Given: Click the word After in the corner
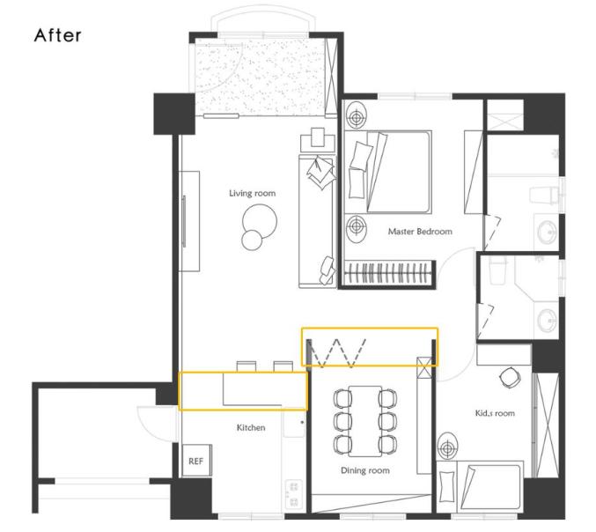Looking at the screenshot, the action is coord(58,35).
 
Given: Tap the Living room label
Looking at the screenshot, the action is coord(253,193).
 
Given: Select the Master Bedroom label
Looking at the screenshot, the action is coord(420,231).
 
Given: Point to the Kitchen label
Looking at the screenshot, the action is coord(251,427).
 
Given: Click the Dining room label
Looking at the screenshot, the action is coord(364,470).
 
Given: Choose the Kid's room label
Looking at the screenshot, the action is coord(495,413).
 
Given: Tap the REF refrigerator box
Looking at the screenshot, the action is coord(196,461).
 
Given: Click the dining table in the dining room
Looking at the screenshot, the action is coord(365,421).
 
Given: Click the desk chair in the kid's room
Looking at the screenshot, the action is coord(509,378).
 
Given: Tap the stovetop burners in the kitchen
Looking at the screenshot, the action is coord(293,494).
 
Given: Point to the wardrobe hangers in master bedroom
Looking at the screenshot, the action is coord(388,273).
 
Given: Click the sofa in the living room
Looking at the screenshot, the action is coord(318,220).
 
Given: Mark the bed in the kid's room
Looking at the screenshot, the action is coord(480,486).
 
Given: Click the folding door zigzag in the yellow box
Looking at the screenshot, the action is coord(337,353).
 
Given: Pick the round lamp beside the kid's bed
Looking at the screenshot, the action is coord(448,447).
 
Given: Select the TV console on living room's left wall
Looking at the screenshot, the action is coord(189,221).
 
